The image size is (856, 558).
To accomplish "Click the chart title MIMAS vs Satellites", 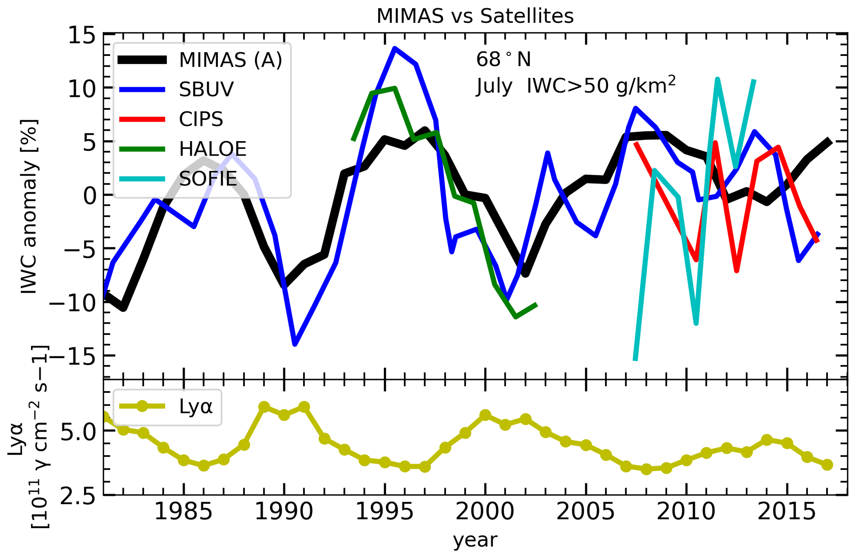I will coord(475,17).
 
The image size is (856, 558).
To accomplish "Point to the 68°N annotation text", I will coord(503,60).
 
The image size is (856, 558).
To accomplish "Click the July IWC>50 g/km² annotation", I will coord(576,86).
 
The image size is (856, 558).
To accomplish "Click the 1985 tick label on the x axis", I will coord(183,512).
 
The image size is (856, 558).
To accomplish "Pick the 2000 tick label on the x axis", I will coord(485,512).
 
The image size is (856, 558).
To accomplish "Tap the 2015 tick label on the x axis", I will coord(787,512).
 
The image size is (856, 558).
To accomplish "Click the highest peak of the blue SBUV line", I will coord(395,48).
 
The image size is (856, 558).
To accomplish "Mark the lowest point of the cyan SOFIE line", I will coord(635,359).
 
